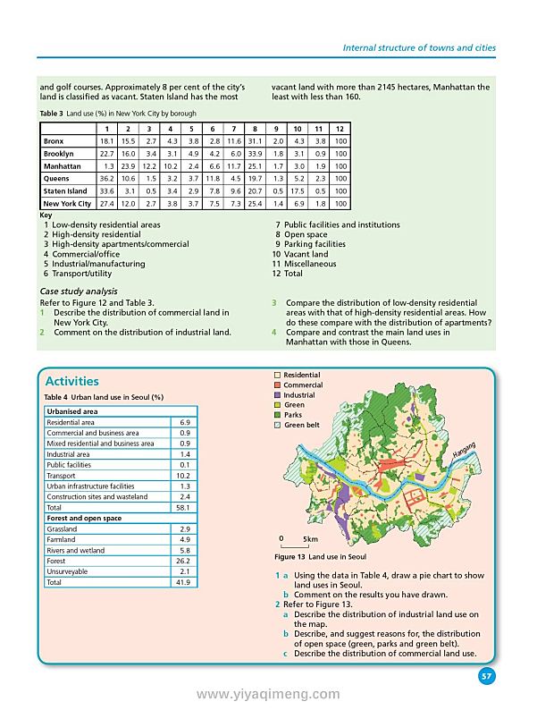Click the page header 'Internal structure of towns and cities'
coord(419,47)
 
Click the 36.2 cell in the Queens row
coord(106,179)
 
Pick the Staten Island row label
coord(65,191)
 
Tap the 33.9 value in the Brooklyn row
coord(256,154)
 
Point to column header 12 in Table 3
coord(341,129)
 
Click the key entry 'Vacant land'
coord(306,254)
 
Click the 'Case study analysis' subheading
coord(78,292)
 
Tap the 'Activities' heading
coord(71,381)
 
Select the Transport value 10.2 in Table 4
coord(184,476)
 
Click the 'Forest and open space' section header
coord(84,518)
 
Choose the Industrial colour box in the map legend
coord(278,395)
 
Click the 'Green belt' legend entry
coord(301,425)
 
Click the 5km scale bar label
coord(310,539)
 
